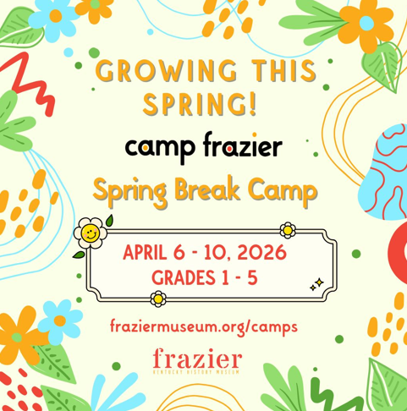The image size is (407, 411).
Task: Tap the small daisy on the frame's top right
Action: (289, 228)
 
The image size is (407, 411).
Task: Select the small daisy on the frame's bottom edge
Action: (157, 298)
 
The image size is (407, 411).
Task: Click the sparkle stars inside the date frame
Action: (316, 285)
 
